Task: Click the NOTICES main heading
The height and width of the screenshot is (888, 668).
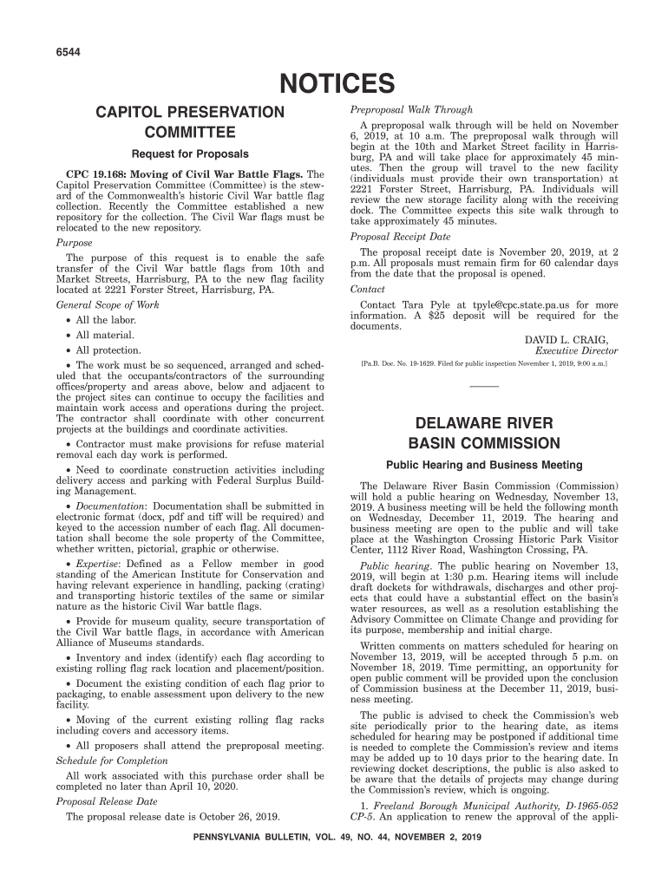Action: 334,85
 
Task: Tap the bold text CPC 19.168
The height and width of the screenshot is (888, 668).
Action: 97,174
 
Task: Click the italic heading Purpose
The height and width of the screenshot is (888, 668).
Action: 74,243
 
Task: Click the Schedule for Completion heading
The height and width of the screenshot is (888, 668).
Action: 112,761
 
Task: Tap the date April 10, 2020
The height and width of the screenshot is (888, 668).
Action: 239,787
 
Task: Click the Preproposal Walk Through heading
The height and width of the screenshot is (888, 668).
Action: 411,110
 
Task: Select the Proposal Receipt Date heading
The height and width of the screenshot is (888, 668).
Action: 400,237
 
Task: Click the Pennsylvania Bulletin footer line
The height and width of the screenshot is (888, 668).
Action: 334,838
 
